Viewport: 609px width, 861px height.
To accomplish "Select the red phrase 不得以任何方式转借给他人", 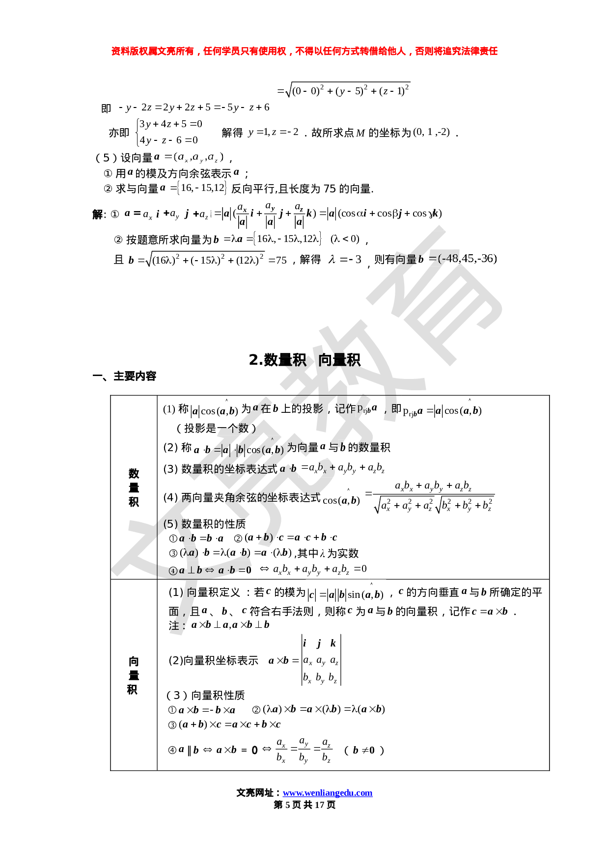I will [351, 52].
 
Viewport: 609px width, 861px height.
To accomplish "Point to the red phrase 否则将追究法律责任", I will [456, 52].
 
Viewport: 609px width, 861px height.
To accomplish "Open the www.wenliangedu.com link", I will [328, 793].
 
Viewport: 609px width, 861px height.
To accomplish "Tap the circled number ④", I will [172, 570].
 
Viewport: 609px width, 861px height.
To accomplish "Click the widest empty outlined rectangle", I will [328, 214].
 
